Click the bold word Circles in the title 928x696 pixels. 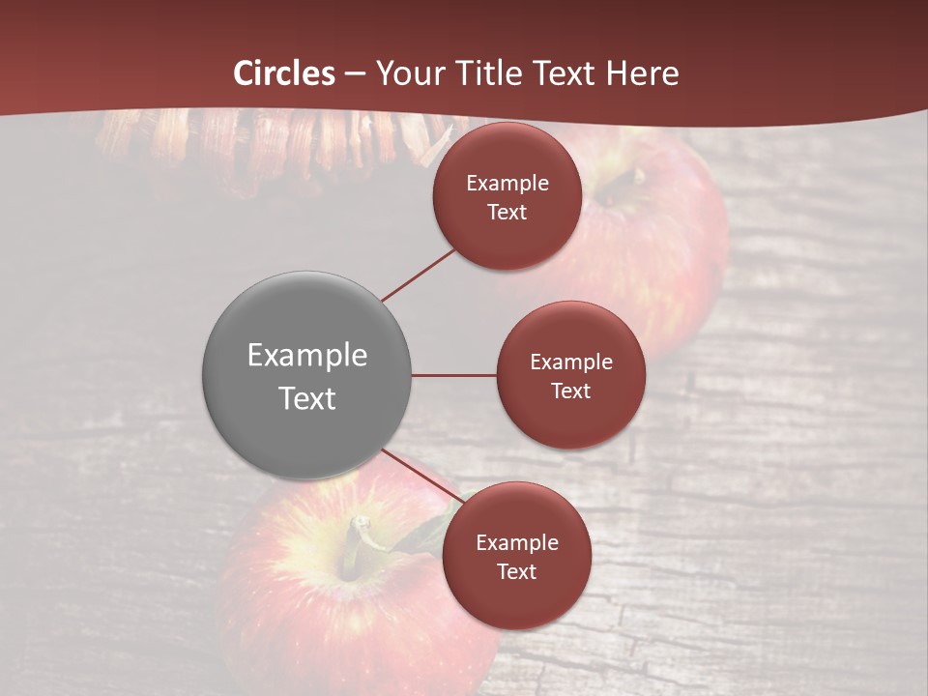pyautogui.click(x=284, y=73)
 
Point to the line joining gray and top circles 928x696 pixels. pyautogui.click(x=420, y=275)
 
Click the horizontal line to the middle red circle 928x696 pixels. pyautogui.click(x=453, y=375)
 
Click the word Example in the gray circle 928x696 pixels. pyautogui.click(x=307, y=356)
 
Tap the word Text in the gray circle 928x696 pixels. pyautogui.click(x=307, y=398)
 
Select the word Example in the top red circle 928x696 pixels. pyautogui.click(x=507, y=184)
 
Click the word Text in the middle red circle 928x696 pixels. pyautogui.click(x=570, y=391)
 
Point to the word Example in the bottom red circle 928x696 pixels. pyautogui.click(x=517, y=542)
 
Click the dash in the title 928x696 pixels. pyautogui.click(x=355, y=73)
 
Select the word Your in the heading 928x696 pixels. pyautogui.click(x=407, y=73)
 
